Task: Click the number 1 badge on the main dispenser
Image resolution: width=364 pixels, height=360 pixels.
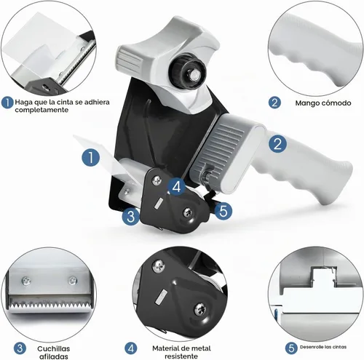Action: click(91, 157)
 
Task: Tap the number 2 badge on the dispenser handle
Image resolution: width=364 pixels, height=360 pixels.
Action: click(277, 144)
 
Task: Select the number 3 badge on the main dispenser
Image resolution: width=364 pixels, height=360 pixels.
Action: click(131, 216)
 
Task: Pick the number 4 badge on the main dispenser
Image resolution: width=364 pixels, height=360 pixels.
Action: click(177, 187)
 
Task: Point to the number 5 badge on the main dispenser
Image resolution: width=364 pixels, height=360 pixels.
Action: click(223, 211)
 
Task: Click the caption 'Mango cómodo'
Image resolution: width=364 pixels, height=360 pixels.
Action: click(323, 103)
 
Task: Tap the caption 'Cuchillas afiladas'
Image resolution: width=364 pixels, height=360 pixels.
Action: click(54, 353)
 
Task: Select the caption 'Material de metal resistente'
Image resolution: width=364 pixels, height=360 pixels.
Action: click(181, 352)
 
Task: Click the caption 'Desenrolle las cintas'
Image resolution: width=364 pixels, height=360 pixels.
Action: click(323, 347)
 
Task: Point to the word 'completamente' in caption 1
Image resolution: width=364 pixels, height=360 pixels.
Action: click(41, 110)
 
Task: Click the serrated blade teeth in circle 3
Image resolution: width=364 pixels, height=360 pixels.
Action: click(49, 304)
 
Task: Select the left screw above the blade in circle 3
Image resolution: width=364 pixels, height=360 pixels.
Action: click(26, 281)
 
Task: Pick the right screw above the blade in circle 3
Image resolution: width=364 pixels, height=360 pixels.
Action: click(72, 280)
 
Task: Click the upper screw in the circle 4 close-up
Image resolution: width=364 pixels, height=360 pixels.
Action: click(159, 266)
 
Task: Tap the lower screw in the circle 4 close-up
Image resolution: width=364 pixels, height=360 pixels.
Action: click(200, 309)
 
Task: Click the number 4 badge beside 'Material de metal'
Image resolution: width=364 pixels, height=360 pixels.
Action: click(131, 348)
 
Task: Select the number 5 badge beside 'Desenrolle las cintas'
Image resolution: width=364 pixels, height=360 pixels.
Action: click(291, 348)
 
